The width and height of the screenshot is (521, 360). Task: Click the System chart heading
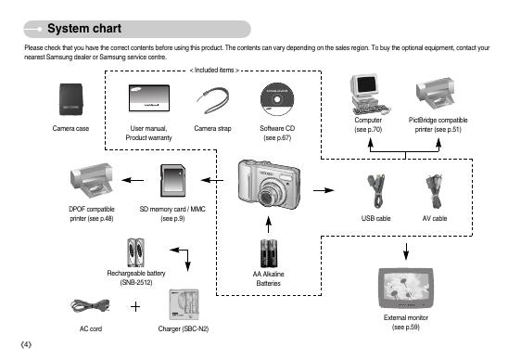click(x=84, y=29)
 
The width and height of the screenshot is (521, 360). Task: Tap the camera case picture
click(x=70, y=99)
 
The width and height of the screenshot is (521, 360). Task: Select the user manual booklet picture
click(x=149, y=97)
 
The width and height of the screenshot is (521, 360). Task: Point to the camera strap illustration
click(x=213, y=100)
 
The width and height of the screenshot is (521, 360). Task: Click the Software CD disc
click(x=277, y=99)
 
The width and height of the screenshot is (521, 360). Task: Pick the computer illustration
click(x=369, y=95)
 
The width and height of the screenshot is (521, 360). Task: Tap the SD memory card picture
click(x=172, y=181)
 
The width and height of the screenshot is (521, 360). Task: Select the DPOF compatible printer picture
click(x=92, y=181)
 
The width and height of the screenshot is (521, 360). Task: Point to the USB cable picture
click(x=376, y=191)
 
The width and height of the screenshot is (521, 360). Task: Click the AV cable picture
click(x=434, y=191)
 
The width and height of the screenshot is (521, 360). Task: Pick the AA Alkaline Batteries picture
click(x=269, y=253)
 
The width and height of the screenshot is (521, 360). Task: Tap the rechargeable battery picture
click(x=136, y=252)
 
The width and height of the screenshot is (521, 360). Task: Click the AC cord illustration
click(x=90, y=305)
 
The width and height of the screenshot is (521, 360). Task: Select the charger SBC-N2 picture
click(x=184, y=304)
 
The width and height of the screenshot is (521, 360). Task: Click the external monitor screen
click(x=406, y=286)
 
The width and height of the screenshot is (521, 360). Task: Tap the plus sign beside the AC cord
click(x=135, y=306)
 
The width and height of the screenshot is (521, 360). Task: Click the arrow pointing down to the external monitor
click(x=406, y=251)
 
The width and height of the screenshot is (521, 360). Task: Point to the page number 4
click(x=26, y=345)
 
